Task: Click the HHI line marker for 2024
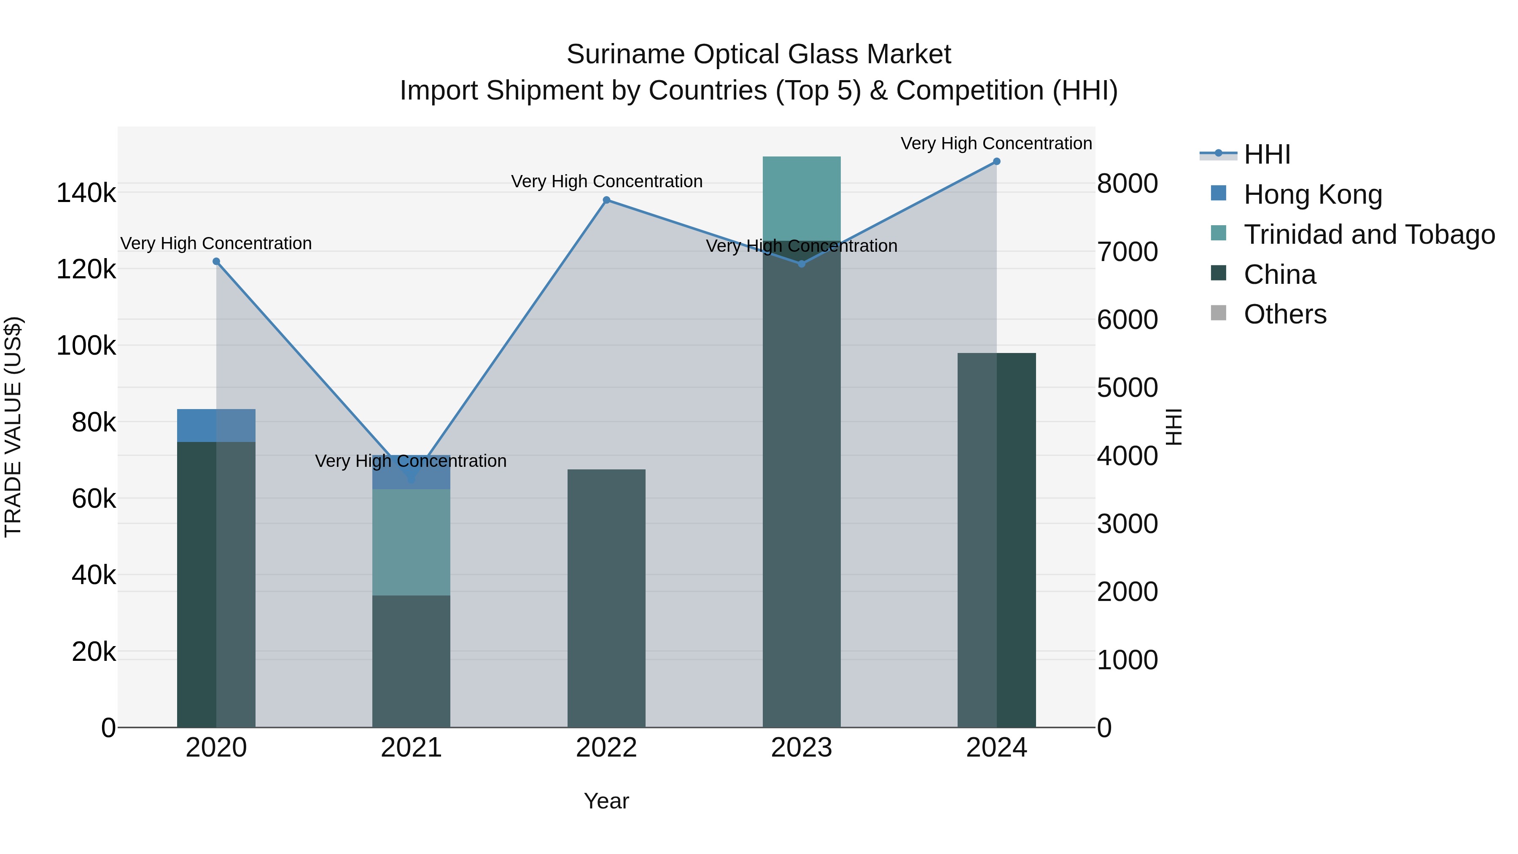[x=996, y=162]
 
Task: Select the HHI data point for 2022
[x=606, y=200]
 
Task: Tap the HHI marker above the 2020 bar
[x=216, y=261]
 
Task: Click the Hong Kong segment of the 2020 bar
[x=216, y=426]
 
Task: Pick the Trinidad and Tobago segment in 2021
[x=411, y=542]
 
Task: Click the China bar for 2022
[x=606, y=598]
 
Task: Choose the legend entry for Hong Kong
[x=1312, y=194]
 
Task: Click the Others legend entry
[x=1285, y=314]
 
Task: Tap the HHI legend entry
[x=1267, y=154]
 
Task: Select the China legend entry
[x=1279, y=275]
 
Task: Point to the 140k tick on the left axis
[x=86, y=193]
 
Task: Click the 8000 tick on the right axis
[x=1127, y=183]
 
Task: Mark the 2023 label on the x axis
[x=802, y=748]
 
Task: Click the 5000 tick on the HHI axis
[x=1127, y=388]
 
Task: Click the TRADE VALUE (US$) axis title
[x=13, y=427]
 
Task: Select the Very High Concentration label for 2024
[x=996, y=144]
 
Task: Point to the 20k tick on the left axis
[x=93, y=652]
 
